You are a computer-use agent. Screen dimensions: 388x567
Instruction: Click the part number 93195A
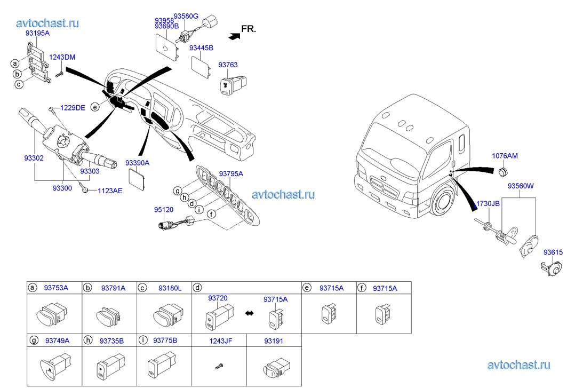[37, 33]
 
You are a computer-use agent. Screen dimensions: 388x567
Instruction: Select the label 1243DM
[62, 57]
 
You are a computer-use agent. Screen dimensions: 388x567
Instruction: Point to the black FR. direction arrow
[233, 36]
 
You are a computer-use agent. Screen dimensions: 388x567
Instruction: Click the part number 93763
[228, 65]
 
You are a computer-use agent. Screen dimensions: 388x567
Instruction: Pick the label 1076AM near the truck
[505, 156]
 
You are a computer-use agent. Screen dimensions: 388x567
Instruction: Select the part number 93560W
[521, 186]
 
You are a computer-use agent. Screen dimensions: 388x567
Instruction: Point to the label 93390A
[138, 162]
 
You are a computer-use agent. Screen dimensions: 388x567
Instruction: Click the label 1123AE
[110, 190]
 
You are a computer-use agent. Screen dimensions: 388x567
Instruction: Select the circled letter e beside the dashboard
[95, 107]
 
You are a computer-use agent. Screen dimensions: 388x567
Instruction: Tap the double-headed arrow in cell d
[249, 313]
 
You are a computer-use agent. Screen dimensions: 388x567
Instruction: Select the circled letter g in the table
[33, 340]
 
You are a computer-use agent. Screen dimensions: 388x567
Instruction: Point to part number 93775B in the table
[165, 340]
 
